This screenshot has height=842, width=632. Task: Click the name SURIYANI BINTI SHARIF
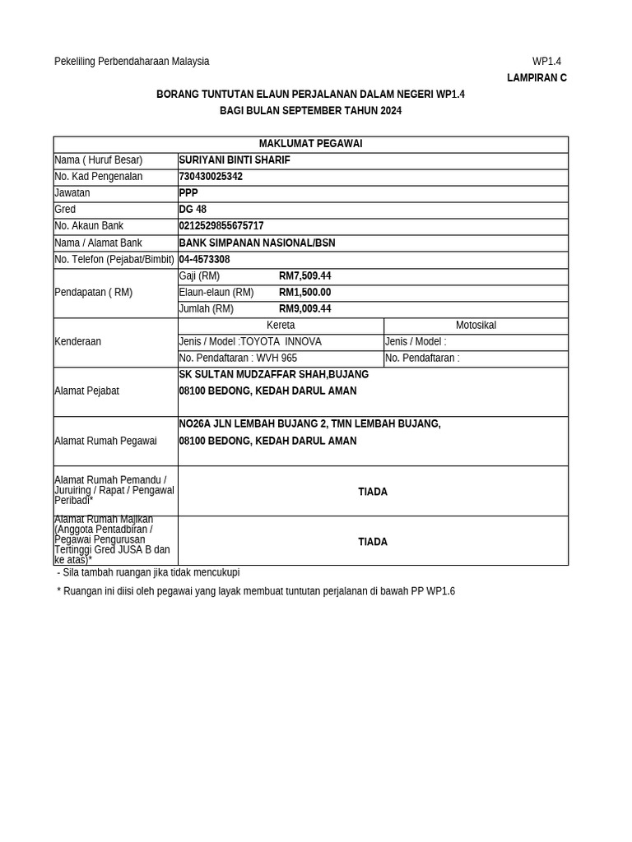(x=235, y=160)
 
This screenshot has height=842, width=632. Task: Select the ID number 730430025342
(x=211, y=177)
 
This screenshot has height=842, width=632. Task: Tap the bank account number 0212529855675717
(x=221, y=226)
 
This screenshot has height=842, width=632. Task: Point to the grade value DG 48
(x=193, y=210)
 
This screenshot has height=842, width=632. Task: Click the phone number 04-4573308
(x=204, y=260)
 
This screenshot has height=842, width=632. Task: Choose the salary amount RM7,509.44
(x=304, y=276)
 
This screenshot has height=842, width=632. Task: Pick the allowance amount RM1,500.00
(x=304, y=293)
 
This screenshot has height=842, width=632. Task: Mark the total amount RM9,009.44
(x=304, y=309)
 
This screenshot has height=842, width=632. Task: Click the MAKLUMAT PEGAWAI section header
(x=310, y=144)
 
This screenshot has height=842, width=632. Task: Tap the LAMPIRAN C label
(x=537, y=78)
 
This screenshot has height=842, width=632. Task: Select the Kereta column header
(x=281, y=326)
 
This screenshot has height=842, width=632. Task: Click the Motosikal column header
(x=476, y=326)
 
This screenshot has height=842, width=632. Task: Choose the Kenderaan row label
(x=77, y=342)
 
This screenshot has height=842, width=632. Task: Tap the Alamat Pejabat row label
(x=86, y=391)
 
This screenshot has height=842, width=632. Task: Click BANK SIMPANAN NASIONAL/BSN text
(x=257, y=243)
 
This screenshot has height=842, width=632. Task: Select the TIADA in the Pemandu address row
(x=373, y=492)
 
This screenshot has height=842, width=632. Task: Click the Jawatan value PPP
(x=188, y=193)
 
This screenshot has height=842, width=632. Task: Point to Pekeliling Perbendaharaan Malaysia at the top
(x=132, y=62)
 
